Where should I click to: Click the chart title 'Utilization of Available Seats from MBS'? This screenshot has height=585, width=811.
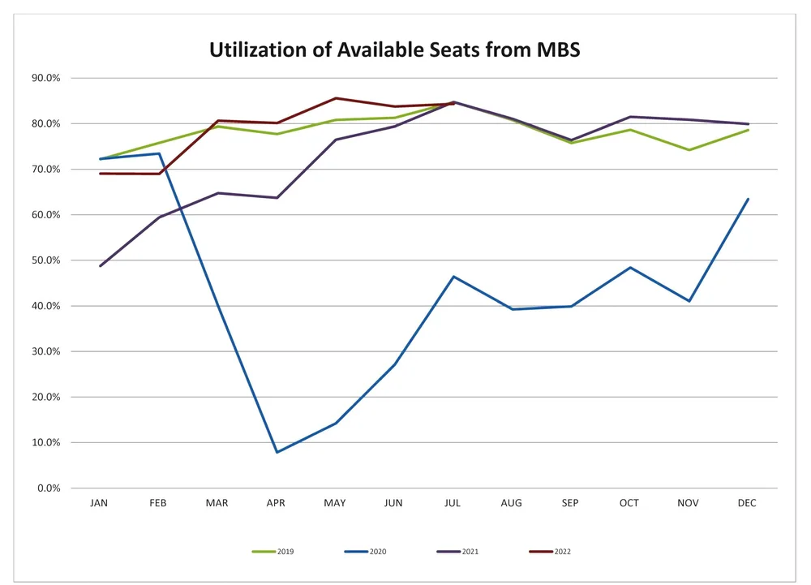tap(395, 49)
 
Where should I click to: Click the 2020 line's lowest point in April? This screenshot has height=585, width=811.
tap(277, 452)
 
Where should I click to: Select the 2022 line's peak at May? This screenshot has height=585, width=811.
tap(335, 98)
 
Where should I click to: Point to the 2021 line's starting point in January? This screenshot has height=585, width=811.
tap(100, 266)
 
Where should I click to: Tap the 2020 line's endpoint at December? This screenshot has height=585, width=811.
tap(748, 199)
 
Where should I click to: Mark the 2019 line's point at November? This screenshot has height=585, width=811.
tap(689, 149)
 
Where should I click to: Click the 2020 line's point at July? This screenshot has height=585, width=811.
tap(453, 277)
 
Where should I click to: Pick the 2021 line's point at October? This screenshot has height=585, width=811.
tap(630, 117)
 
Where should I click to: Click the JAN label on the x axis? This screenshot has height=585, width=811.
tap(99, 503)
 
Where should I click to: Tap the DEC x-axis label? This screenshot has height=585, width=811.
tap(747, 503)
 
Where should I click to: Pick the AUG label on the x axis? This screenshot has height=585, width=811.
tap(512, 503)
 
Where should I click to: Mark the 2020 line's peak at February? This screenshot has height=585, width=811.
tap(159, 153)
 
